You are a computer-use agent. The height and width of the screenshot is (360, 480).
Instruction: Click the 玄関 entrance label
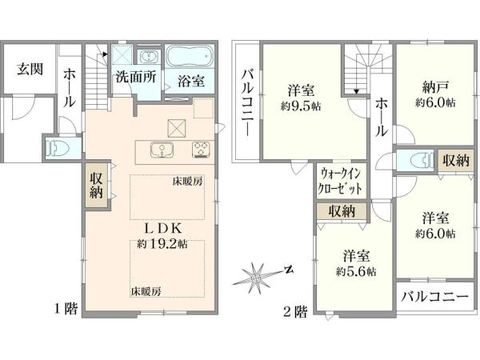pos(30,70)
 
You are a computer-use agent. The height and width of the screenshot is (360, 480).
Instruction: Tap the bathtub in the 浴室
pos(190,56)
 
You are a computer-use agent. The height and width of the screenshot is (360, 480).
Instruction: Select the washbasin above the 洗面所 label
pos(149,57)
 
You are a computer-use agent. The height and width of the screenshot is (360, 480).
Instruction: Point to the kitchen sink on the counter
pos(162,150)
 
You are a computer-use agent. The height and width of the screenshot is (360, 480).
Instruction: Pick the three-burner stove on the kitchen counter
pos(202,150)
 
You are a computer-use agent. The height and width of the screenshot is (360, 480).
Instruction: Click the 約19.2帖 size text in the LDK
pos(162,244)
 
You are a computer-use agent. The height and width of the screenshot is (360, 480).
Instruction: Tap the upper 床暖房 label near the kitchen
pos(187,182)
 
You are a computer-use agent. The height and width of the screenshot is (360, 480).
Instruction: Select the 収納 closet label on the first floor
pos(96,186)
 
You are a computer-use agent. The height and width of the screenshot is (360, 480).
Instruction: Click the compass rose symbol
pos(256,278)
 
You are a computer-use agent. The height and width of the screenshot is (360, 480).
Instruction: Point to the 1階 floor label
pos(66,309)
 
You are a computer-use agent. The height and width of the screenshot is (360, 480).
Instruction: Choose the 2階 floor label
pos(294,312)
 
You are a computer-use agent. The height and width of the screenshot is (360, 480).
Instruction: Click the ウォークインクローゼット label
pos(339,182)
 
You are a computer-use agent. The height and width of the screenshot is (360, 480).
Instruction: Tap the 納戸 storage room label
pos(435,88)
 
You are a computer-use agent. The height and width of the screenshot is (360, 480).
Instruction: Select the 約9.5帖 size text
pos(301,106)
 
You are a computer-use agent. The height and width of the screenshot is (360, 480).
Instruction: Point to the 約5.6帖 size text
pos(356,271)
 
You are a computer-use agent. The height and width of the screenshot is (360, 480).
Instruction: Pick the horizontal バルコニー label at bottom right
pos(435,296)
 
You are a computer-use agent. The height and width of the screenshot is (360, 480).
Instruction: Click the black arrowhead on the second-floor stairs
pos(356,91)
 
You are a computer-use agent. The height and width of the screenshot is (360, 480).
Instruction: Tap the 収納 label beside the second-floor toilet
pos(456,160)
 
